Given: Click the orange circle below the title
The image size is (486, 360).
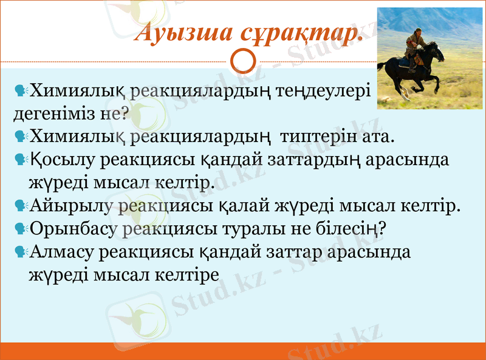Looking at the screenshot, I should pos(243,61).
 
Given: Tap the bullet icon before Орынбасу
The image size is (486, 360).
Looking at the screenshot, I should pos(21,229).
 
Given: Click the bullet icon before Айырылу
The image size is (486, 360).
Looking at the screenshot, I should pos(21,206).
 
